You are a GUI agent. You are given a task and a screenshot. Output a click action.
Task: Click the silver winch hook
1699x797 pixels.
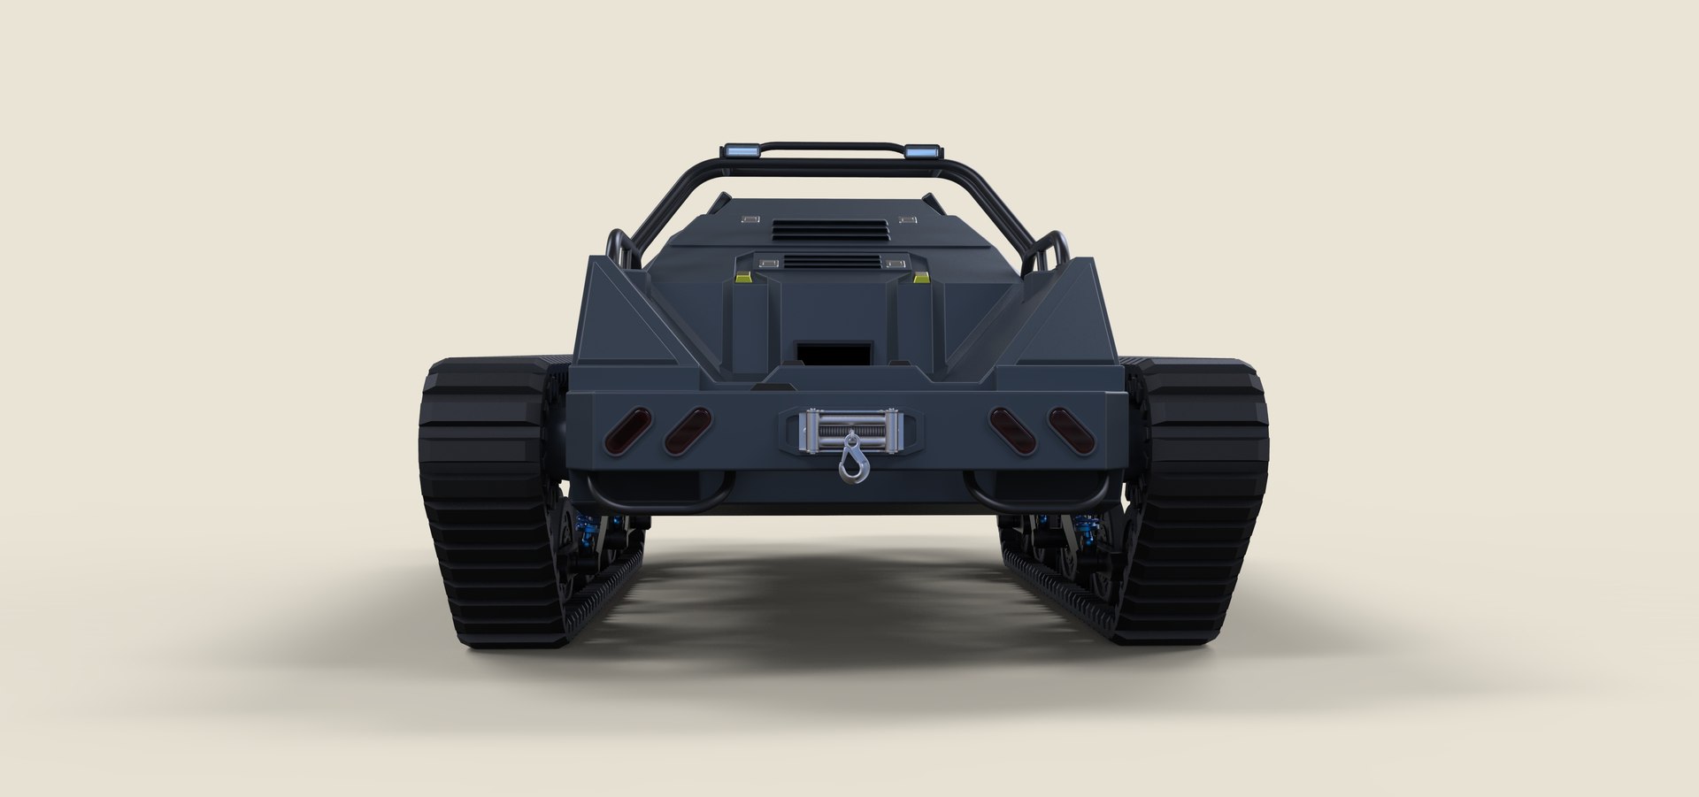click(850, 461)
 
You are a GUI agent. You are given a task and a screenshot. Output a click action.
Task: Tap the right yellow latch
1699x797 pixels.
click(921, 278)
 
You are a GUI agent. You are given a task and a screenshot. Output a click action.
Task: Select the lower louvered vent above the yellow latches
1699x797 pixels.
click(830, 262)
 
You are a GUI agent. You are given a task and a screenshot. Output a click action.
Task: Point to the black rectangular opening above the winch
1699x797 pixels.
click(822, 352)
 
